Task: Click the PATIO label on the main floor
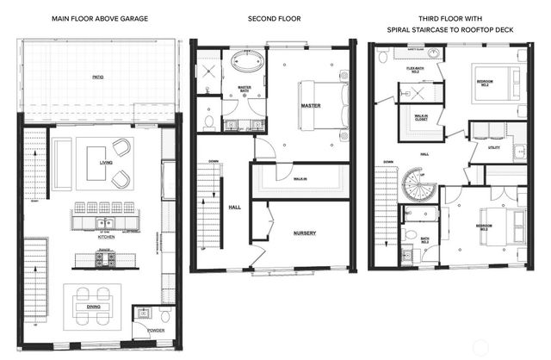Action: (98, 77)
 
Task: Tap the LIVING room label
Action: (106, 161)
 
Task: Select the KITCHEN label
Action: (106, 237)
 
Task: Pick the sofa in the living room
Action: (63, 162)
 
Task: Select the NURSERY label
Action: (304, 233)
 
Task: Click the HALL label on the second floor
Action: (234, 208)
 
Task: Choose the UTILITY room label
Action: (493, 147)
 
